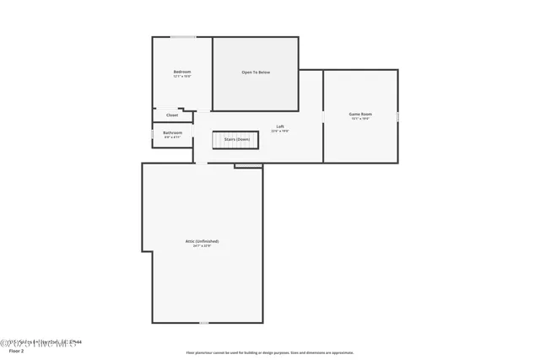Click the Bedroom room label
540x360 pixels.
(x=182, y=72)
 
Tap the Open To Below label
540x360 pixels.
(x=256, y=73)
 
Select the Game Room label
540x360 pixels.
(x=361, y=114)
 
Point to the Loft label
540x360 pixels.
(x=279, y=126)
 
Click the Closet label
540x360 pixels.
(x=172, y=115)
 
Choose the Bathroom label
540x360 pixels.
(x=172, y=132)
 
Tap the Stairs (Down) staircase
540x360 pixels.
(x=235, y=139)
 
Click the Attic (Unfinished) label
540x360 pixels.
(x=202, y=241)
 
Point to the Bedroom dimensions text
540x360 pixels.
(x=182, y=77)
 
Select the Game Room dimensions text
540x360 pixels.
(x=361, y=119)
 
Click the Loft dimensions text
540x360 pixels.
(x=279, y=132)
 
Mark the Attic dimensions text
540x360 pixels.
(x=202, y=246)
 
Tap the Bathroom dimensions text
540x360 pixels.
(x=172, y=137)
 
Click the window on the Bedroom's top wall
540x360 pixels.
(x=183, y=37)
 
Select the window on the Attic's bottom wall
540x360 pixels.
(x=203, y=322)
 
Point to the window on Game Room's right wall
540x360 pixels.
(x=398, y=115)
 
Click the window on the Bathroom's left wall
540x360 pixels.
(x=152, y=134)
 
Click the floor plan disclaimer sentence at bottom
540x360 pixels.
(x=270, y=352)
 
